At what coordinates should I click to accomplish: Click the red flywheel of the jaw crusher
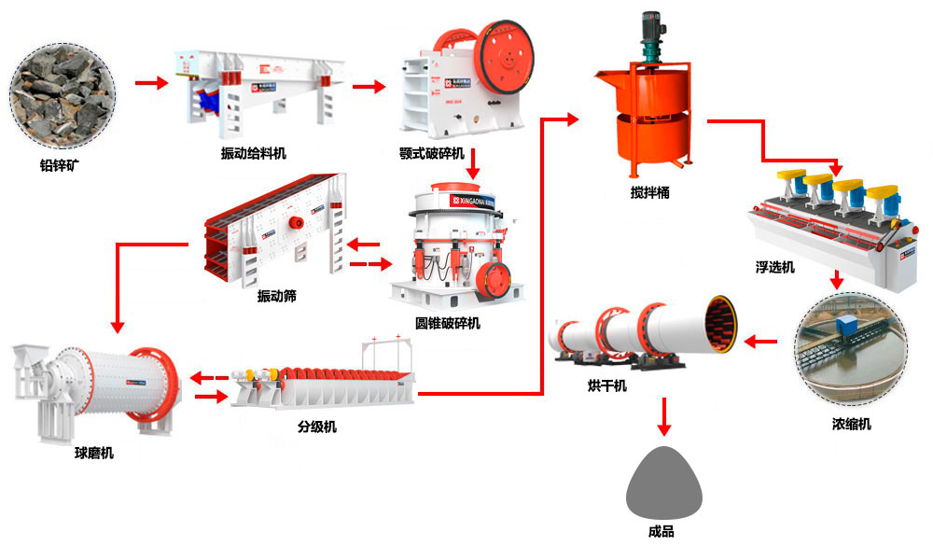coord(505,61)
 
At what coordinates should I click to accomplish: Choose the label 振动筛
coord(277,296)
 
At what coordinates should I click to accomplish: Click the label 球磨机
coord(95,454)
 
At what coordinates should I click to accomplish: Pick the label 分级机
coord(318,427)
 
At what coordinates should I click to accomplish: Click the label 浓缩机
coord(852,425)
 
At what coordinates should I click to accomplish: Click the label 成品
coord(661,532)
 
